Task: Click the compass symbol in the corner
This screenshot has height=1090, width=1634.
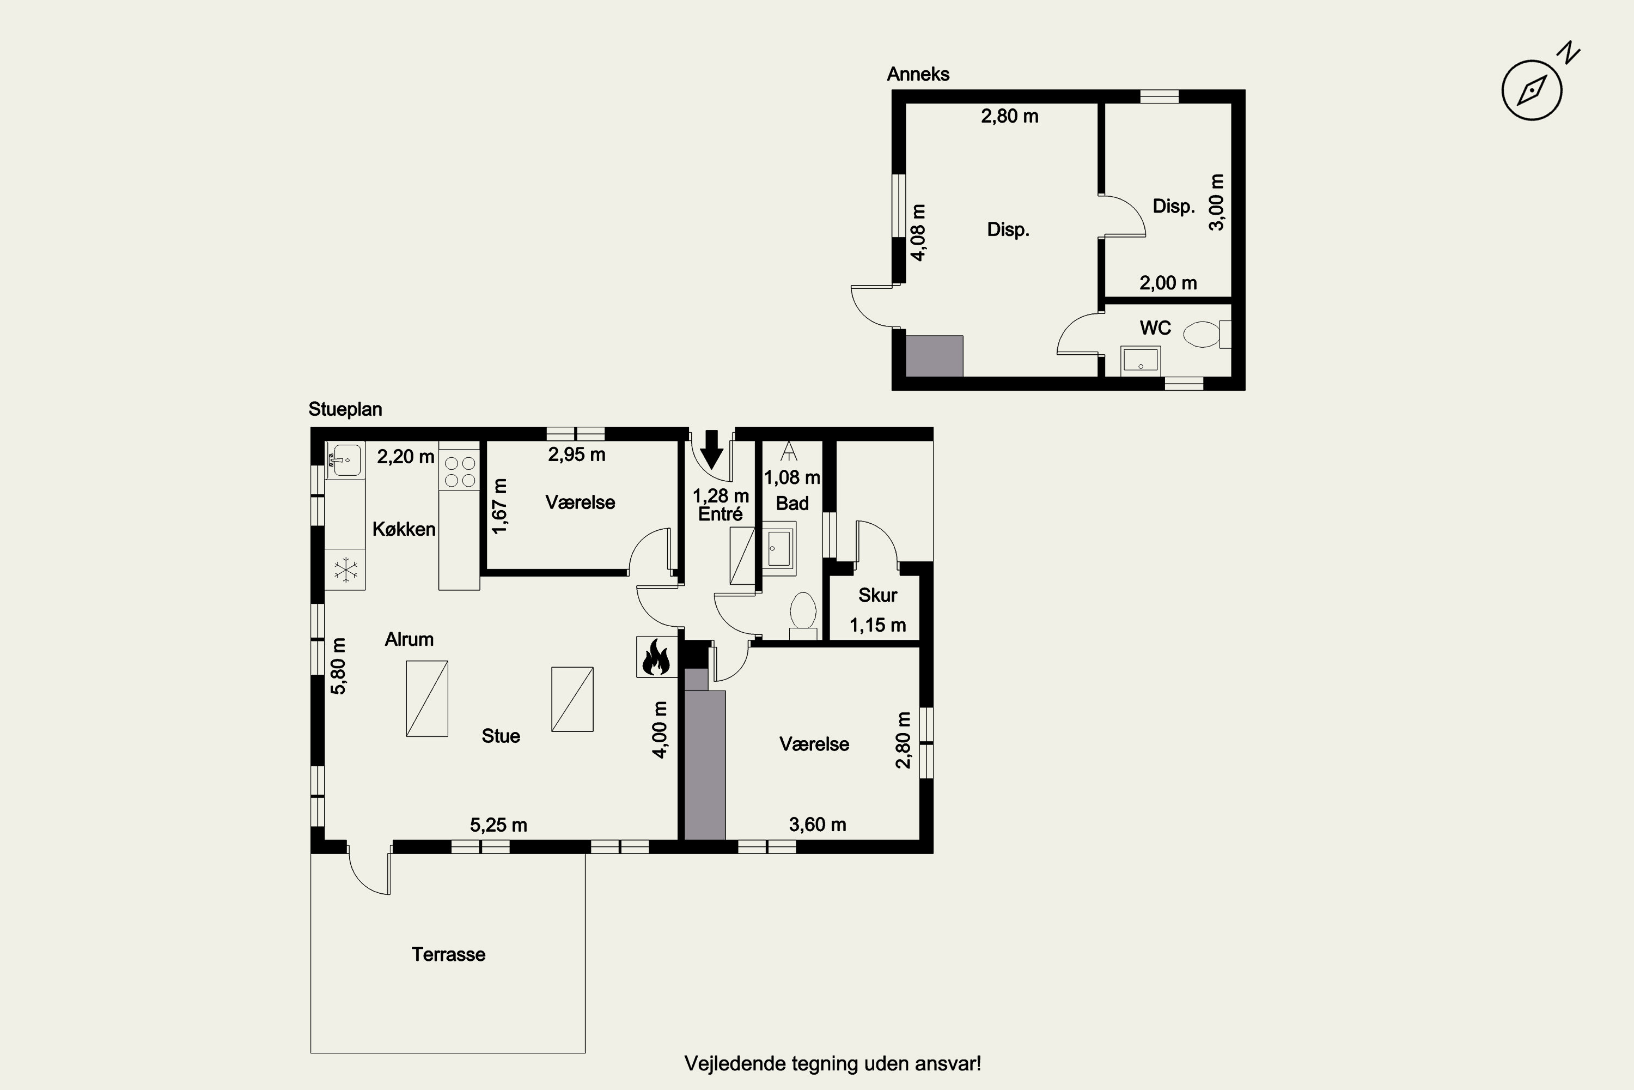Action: coord(1532,90)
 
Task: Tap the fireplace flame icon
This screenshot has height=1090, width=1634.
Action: coord(656,656)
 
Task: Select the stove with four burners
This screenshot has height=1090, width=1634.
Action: coord(459,471)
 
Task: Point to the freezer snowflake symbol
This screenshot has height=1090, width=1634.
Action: coord(345,570)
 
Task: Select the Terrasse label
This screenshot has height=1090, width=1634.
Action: coord(448,954)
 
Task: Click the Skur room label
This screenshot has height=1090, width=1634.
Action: coord(877,595)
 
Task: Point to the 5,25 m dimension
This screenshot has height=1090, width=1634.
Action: coord(498,825)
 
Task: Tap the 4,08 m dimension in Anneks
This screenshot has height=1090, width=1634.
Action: coord(918,232)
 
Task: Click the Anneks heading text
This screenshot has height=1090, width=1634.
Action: coord(918,74)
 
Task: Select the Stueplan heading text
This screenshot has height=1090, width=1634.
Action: coord(345,409)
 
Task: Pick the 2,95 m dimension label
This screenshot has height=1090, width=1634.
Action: coord(577,455)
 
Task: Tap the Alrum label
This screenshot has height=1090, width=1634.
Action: coord(409,639)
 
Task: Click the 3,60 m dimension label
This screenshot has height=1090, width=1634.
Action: coord(818,825)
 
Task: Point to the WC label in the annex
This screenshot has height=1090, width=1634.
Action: coord(1155,328)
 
